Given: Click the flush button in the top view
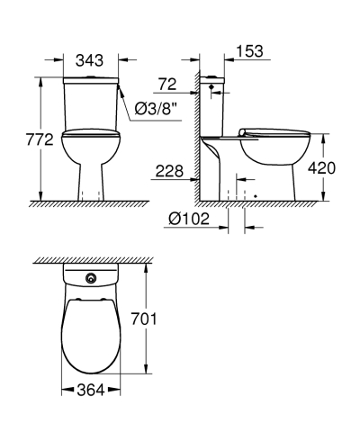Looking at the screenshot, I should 90,278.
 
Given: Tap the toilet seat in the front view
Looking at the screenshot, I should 90,136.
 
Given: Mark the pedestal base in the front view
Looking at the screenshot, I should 90,180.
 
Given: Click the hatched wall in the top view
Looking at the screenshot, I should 90,259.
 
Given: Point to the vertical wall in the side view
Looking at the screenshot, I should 195,135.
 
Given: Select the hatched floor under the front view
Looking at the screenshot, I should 90,204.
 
